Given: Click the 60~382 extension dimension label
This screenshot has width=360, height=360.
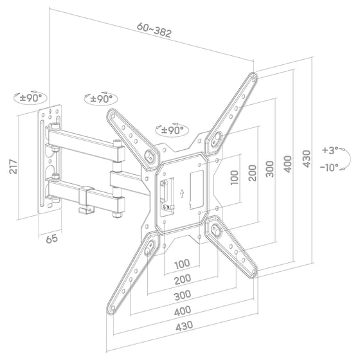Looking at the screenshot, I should [154, 30].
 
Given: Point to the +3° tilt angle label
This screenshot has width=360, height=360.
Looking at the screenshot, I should [330, 151].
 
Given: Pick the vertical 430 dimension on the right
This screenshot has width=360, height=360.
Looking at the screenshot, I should [307, 158].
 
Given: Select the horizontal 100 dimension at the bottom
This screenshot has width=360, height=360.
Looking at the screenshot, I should [181, 264].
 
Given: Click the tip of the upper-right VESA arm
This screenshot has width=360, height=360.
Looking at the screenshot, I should [253, 76].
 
